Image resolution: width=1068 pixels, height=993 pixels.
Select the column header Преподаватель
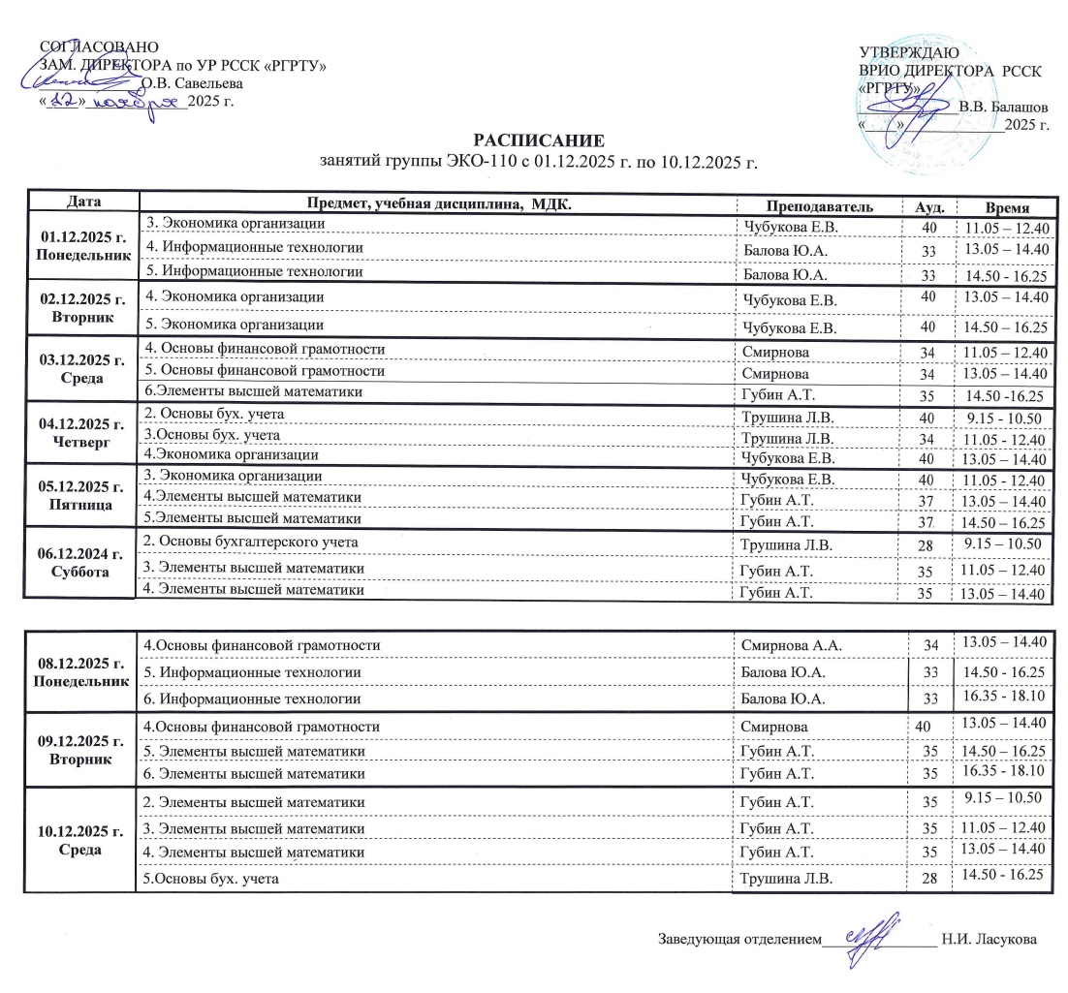click(x=825, y=207)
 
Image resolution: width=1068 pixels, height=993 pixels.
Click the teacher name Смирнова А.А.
click(x=787, y=644)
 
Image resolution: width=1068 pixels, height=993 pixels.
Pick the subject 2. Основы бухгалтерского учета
click(x=253, y=541)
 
